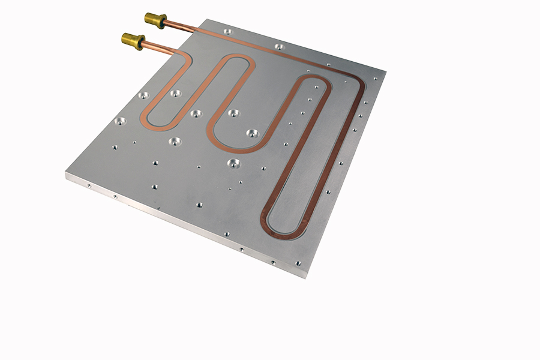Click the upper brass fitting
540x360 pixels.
tap(155, 20)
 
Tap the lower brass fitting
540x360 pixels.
tap(133, 41)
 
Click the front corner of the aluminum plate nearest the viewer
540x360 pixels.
tap(299, 277)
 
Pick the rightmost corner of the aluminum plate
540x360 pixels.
tap(384, 73)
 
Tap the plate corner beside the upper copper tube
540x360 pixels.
tap(209, 22)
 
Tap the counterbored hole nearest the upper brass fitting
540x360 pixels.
tap(227, 32)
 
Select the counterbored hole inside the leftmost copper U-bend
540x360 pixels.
tap(176, 93)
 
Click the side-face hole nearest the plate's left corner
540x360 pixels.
tap(89, 186)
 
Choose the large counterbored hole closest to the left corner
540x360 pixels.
tap(120, 121)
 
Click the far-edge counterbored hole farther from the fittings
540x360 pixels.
tap(279, 46)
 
